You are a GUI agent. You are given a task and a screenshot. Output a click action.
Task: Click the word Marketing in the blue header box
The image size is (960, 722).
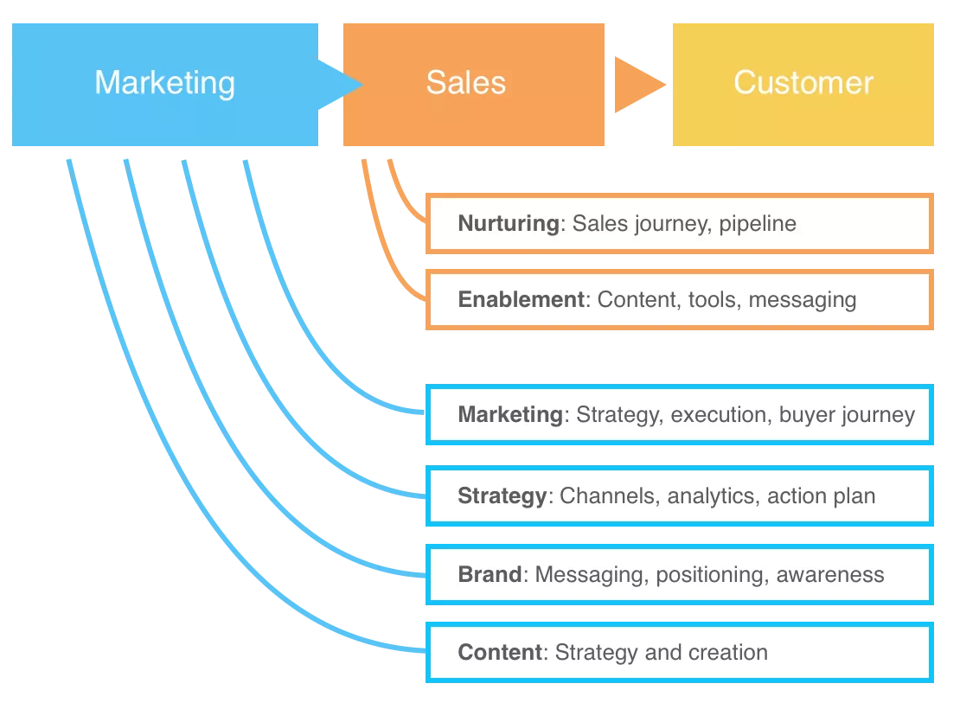164,83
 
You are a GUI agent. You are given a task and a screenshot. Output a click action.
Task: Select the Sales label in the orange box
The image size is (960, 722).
465,83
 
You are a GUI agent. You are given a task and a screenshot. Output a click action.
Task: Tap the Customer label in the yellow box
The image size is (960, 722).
803,83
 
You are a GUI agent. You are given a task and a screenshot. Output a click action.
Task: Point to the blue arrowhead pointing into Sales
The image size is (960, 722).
341,85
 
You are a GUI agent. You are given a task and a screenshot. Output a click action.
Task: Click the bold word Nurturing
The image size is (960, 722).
509,223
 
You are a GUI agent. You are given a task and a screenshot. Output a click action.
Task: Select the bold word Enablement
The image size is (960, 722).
522,299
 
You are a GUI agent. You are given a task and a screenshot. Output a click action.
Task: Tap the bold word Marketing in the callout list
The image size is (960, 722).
510,414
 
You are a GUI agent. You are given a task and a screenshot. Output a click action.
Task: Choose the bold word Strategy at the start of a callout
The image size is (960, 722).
502,496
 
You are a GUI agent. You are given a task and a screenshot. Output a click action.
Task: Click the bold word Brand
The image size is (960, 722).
490,574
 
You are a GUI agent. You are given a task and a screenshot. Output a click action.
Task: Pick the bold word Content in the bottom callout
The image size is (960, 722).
500,652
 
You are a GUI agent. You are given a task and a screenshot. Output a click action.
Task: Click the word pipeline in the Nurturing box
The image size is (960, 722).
758,224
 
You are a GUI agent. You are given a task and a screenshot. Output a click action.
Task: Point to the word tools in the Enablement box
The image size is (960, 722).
713,299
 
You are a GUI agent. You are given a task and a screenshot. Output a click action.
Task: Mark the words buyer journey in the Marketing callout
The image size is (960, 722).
847,415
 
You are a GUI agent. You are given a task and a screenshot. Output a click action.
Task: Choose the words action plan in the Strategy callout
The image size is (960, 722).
822,496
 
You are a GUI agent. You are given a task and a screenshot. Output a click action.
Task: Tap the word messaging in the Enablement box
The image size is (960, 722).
803,300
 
